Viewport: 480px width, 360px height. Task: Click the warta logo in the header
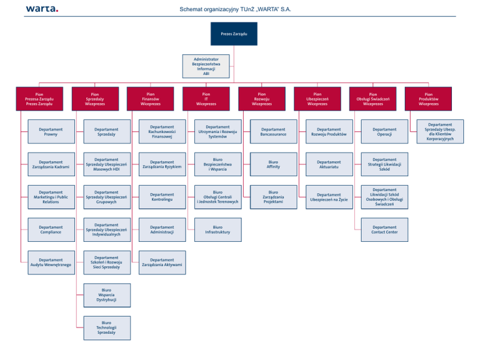(42, 9)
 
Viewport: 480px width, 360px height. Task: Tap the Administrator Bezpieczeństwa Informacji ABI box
(206, 66)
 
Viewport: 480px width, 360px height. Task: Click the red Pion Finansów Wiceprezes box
(151, 99)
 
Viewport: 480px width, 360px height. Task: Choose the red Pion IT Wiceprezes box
(206, 99)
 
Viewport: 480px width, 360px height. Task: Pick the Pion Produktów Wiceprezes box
(428, 99)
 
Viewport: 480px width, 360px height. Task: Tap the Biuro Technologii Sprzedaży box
(107, 327)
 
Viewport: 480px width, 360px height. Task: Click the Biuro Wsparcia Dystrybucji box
(107, 295)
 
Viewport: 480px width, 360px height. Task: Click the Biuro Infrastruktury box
(217, 229)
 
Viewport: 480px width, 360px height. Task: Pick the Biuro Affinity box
(273, 164)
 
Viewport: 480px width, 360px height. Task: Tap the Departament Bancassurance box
(273, 132)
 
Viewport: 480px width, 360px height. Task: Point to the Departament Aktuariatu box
(329, 164)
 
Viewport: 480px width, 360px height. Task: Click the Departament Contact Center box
(384, 229)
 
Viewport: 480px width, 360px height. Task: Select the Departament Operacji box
(384, 132)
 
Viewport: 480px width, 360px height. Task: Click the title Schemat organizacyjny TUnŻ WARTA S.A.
(235, 9)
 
